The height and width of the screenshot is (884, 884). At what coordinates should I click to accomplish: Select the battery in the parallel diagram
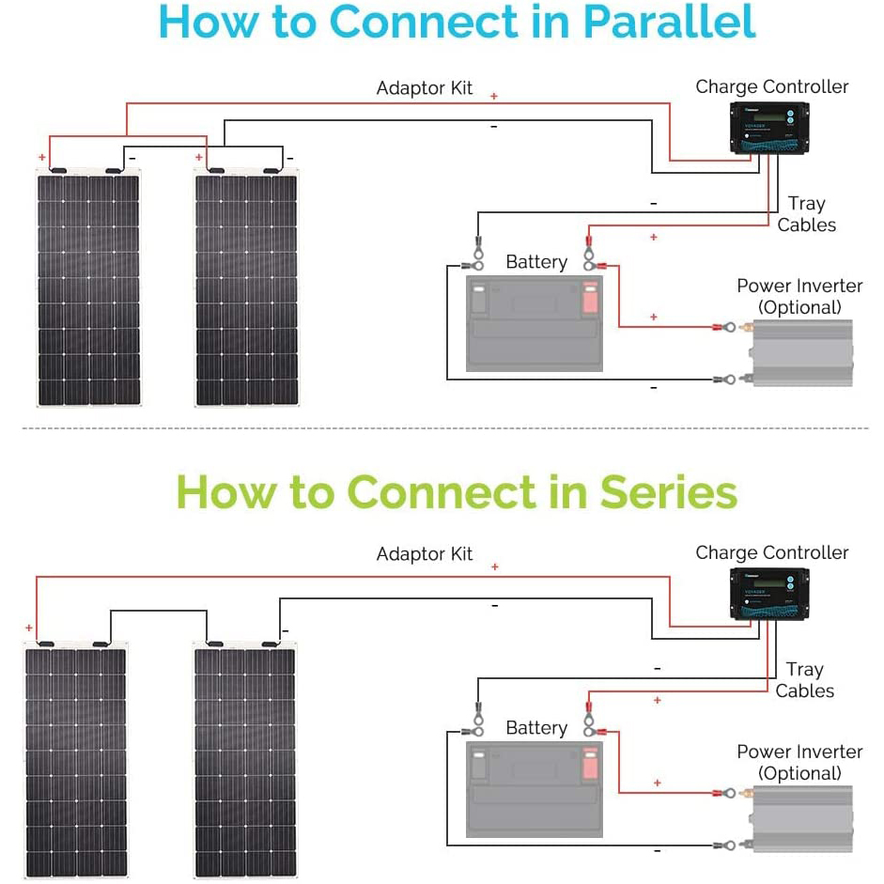pos(533,321)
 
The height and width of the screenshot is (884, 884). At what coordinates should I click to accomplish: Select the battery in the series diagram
pos(533,788)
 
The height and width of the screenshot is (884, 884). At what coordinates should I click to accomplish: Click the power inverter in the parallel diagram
pos(800,352)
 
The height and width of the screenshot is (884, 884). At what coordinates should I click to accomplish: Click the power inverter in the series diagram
pos(800,818)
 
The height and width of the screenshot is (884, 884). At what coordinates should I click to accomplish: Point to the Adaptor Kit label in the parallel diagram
pos(425,88)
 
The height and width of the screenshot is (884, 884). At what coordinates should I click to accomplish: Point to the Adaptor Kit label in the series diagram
pos(425,554)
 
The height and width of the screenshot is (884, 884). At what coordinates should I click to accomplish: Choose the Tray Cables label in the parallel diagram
pos(806,214)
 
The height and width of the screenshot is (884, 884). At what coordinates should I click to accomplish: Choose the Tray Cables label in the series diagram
pos(805,680)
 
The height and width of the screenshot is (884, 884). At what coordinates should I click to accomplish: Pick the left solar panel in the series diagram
pos(75,760)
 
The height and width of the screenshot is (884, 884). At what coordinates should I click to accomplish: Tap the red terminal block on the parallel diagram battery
pos(590,299)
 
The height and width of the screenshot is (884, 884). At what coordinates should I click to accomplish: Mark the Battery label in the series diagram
pos(536,728)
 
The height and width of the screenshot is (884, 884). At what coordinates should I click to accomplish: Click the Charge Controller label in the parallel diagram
pos(772,87)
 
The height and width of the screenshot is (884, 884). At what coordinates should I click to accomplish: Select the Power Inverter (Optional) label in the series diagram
pos(799,762)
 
